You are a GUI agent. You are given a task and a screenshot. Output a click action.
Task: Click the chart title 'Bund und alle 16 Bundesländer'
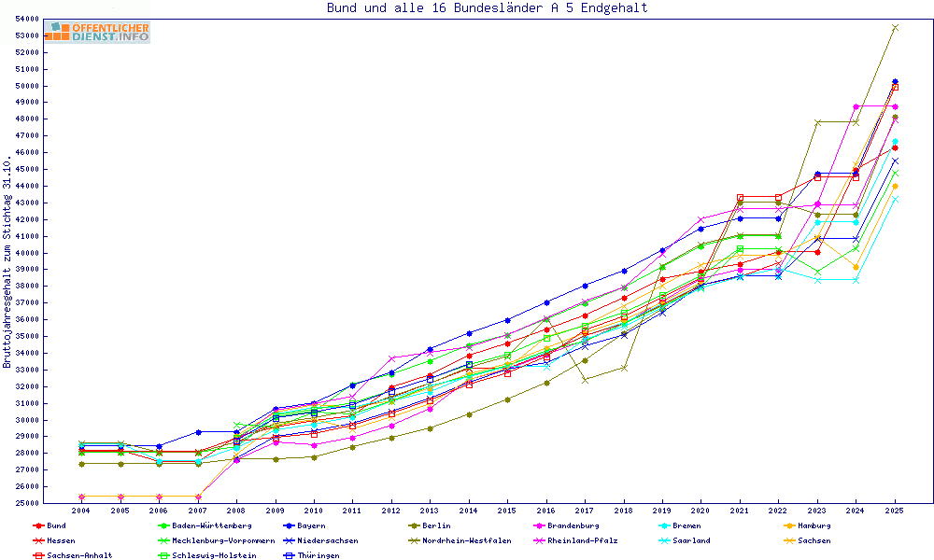(487, 8)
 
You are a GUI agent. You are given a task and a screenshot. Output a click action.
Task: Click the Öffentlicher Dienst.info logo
(96, 32)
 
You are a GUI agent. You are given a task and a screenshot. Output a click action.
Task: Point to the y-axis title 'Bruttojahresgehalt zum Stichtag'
(7, 261)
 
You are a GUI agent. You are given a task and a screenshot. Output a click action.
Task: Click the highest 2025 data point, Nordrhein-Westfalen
(894, 28)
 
